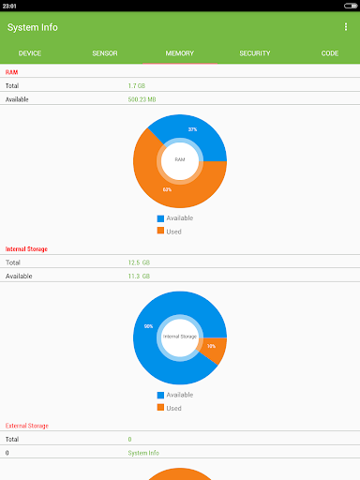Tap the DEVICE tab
30,53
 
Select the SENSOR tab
105,53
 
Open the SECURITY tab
255,53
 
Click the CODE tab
330,53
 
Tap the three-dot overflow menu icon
346,27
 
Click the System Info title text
33,27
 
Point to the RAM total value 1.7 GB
137,86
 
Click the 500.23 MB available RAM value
142,99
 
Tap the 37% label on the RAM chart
192,129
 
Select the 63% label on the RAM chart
167,189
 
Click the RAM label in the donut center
180,159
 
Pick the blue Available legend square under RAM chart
160,218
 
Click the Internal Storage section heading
26,249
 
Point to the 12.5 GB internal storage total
139,262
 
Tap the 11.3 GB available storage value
139,277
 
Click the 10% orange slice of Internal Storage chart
215,349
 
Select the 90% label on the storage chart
148,326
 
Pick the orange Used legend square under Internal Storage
160,407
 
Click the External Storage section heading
27,426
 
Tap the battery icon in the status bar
351,6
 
